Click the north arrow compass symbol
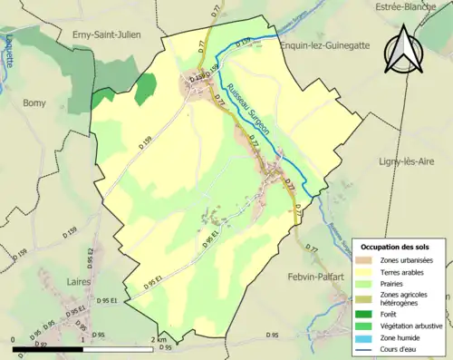pos(404,49)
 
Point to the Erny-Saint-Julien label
pos(108,34)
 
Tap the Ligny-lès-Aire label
pos(405,161)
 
